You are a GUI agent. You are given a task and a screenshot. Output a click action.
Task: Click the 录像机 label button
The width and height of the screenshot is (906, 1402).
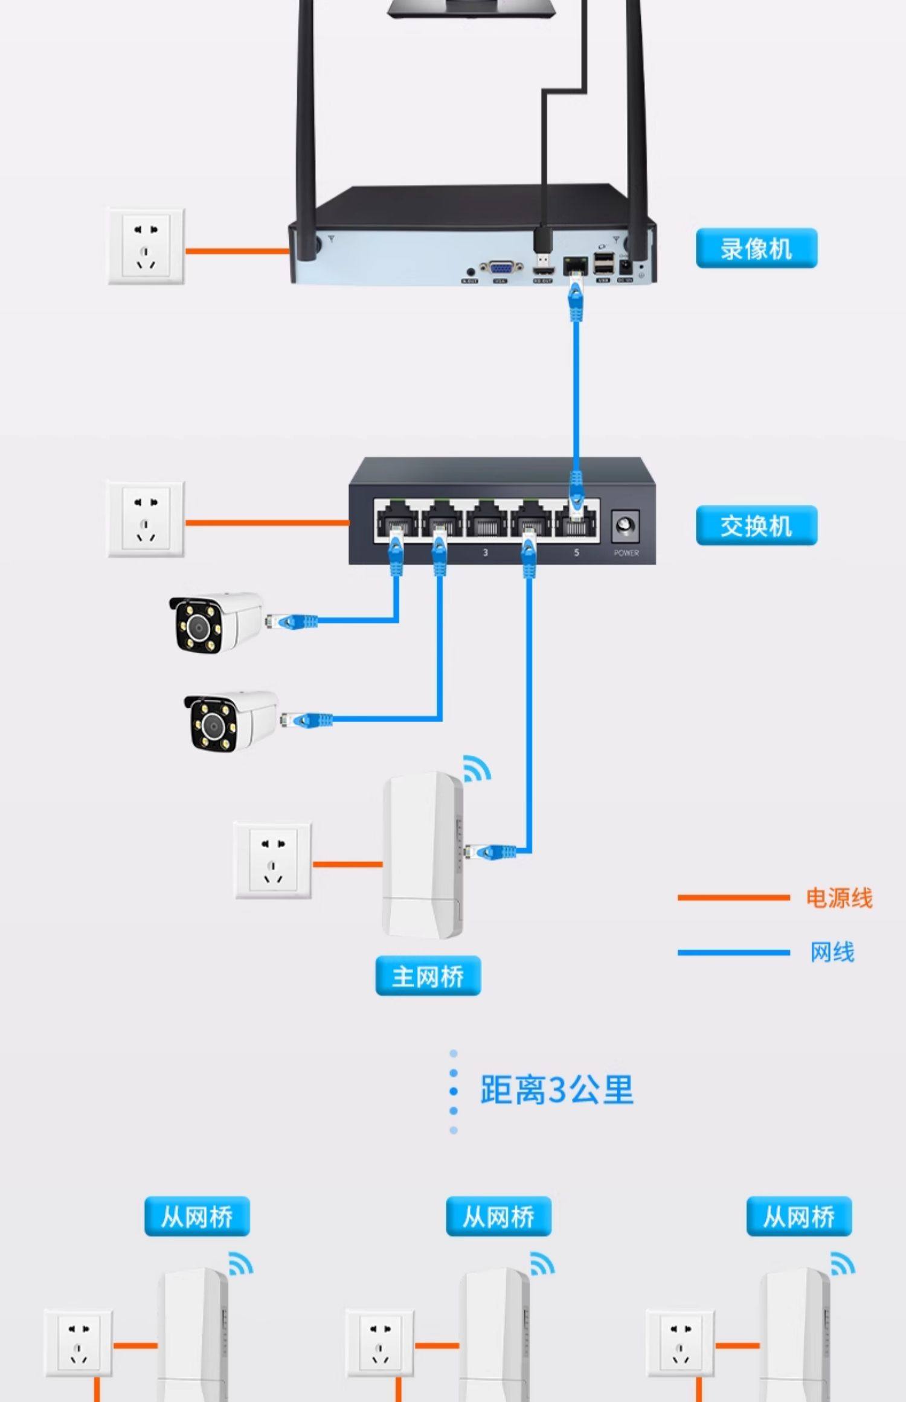point(756,248)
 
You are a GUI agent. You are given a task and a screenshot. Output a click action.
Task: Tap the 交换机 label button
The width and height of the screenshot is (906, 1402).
point(756,526)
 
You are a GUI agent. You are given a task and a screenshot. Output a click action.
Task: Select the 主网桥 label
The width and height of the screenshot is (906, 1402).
point(428,976)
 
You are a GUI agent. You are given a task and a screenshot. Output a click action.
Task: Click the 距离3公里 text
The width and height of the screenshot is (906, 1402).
point(556,1090)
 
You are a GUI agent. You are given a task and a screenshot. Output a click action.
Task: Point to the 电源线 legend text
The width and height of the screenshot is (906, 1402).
point(839,898)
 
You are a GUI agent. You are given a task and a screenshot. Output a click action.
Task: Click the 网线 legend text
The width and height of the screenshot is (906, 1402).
point(832,952)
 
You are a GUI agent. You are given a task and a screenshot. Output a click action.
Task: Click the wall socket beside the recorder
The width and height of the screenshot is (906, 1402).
point(146,247)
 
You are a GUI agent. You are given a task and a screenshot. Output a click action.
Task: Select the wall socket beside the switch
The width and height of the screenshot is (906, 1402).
point(146,519)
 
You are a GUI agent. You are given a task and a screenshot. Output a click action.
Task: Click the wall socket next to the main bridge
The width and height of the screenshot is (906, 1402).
point(273,860)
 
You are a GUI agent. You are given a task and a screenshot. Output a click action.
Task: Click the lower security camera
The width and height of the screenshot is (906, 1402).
point(231,721)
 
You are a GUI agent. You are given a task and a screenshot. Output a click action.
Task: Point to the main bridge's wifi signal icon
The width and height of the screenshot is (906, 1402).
point(477,769)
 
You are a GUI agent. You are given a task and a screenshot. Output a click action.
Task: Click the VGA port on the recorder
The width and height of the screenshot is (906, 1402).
point(501,268)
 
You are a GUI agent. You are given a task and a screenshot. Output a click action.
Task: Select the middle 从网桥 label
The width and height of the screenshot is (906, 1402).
point(498,1216)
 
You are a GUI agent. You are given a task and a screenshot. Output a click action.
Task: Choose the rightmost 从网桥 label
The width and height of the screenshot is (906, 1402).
point(798,1216)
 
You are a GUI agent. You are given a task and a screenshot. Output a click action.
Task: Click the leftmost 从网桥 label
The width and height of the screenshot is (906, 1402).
point(197,1216)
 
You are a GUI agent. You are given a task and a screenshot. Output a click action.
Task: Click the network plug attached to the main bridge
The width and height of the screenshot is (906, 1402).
point(492,852)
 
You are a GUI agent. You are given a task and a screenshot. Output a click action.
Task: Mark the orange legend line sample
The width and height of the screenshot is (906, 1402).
point(733,898)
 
